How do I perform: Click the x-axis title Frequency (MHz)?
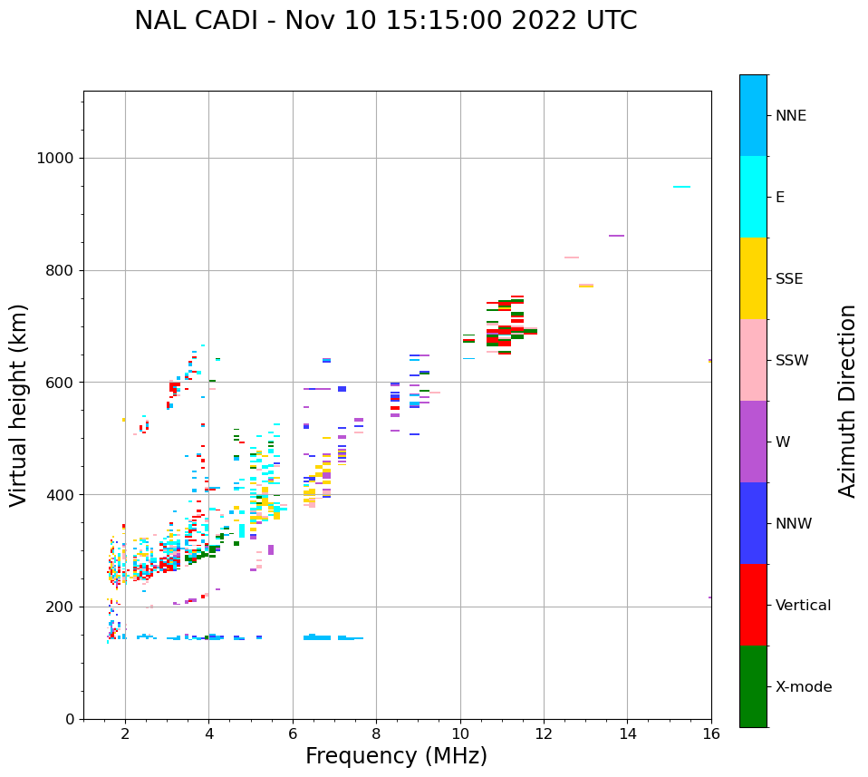pos(396,756)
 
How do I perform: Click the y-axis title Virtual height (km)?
pos(19,404)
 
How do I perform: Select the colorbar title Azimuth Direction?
pos(847,401)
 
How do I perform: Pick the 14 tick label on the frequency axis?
pos(628,733)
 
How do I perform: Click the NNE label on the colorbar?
pos(790,116)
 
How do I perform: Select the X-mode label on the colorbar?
pos(803,687)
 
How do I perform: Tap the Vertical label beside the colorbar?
pos(803,606)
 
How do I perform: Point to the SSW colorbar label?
pos(791,361)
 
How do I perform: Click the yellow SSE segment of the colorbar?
pos(753,278)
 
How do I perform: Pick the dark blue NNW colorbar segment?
pos(753,523)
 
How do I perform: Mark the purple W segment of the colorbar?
pos(753,442)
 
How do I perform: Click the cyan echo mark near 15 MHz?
pos(681,187)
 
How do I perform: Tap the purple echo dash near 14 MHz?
pos(616,236)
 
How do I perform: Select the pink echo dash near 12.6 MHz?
pos(571,257)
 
